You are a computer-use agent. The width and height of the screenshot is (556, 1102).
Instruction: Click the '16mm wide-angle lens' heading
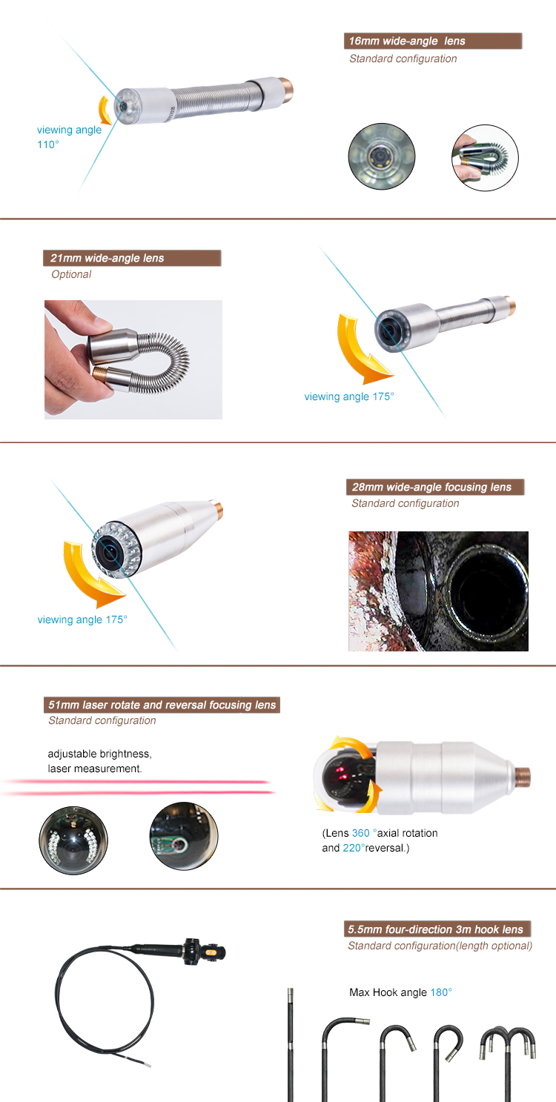[x=433, y=42]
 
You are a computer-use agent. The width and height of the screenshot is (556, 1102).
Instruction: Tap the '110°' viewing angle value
[x=48, y=145]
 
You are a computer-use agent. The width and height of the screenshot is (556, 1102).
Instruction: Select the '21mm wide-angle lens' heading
[x=132, y=258]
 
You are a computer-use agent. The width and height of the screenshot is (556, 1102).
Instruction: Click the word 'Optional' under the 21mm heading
[x=71, y=274]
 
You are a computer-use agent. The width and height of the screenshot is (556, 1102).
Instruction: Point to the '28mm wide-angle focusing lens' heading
[x=434, y=487]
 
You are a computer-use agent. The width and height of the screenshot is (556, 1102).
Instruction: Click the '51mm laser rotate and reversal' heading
[x=162, y=705]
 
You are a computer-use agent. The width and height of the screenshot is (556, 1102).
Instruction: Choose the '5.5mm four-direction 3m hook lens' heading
[x=438, y=929]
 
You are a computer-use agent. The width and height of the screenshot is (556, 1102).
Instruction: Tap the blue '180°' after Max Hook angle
[x=441, y=992]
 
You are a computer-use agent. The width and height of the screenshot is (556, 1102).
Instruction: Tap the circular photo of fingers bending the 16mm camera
[x=485, y=158]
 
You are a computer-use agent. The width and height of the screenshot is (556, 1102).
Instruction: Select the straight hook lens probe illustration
[x=290, y=1045]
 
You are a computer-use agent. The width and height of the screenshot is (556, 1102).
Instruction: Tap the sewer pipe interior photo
[x=438, y=591]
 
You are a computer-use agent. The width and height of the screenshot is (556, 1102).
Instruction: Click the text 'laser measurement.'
[x=94, y=769]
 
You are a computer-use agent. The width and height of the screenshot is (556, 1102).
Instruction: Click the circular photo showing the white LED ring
[x=73, y=836]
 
